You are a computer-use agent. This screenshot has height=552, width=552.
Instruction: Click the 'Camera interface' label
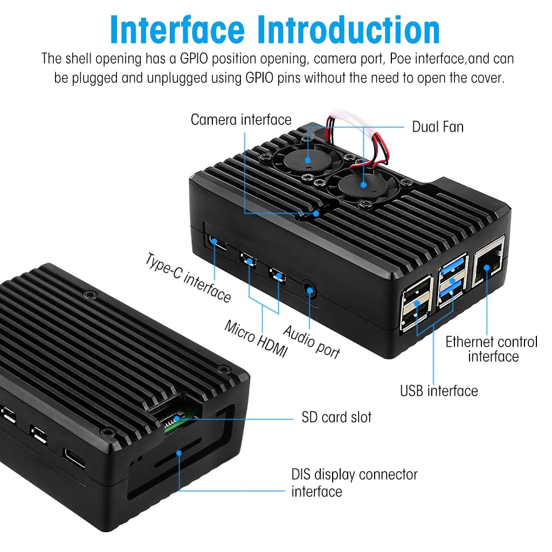(240, 119)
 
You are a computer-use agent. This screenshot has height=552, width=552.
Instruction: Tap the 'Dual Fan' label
(437, 127)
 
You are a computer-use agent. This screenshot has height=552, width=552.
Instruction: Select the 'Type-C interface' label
(188, 277)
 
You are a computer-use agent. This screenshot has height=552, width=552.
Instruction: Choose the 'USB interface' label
(438, 390)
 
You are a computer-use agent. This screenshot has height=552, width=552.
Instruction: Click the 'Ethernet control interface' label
(491, 349)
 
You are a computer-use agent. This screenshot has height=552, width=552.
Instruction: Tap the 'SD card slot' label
(336, 417)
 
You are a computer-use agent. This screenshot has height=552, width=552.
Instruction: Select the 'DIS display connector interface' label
(354, 482)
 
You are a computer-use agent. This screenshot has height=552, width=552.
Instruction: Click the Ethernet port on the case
(488, 265)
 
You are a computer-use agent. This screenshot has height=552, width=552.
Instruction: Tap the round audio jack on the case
(310, 289)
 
